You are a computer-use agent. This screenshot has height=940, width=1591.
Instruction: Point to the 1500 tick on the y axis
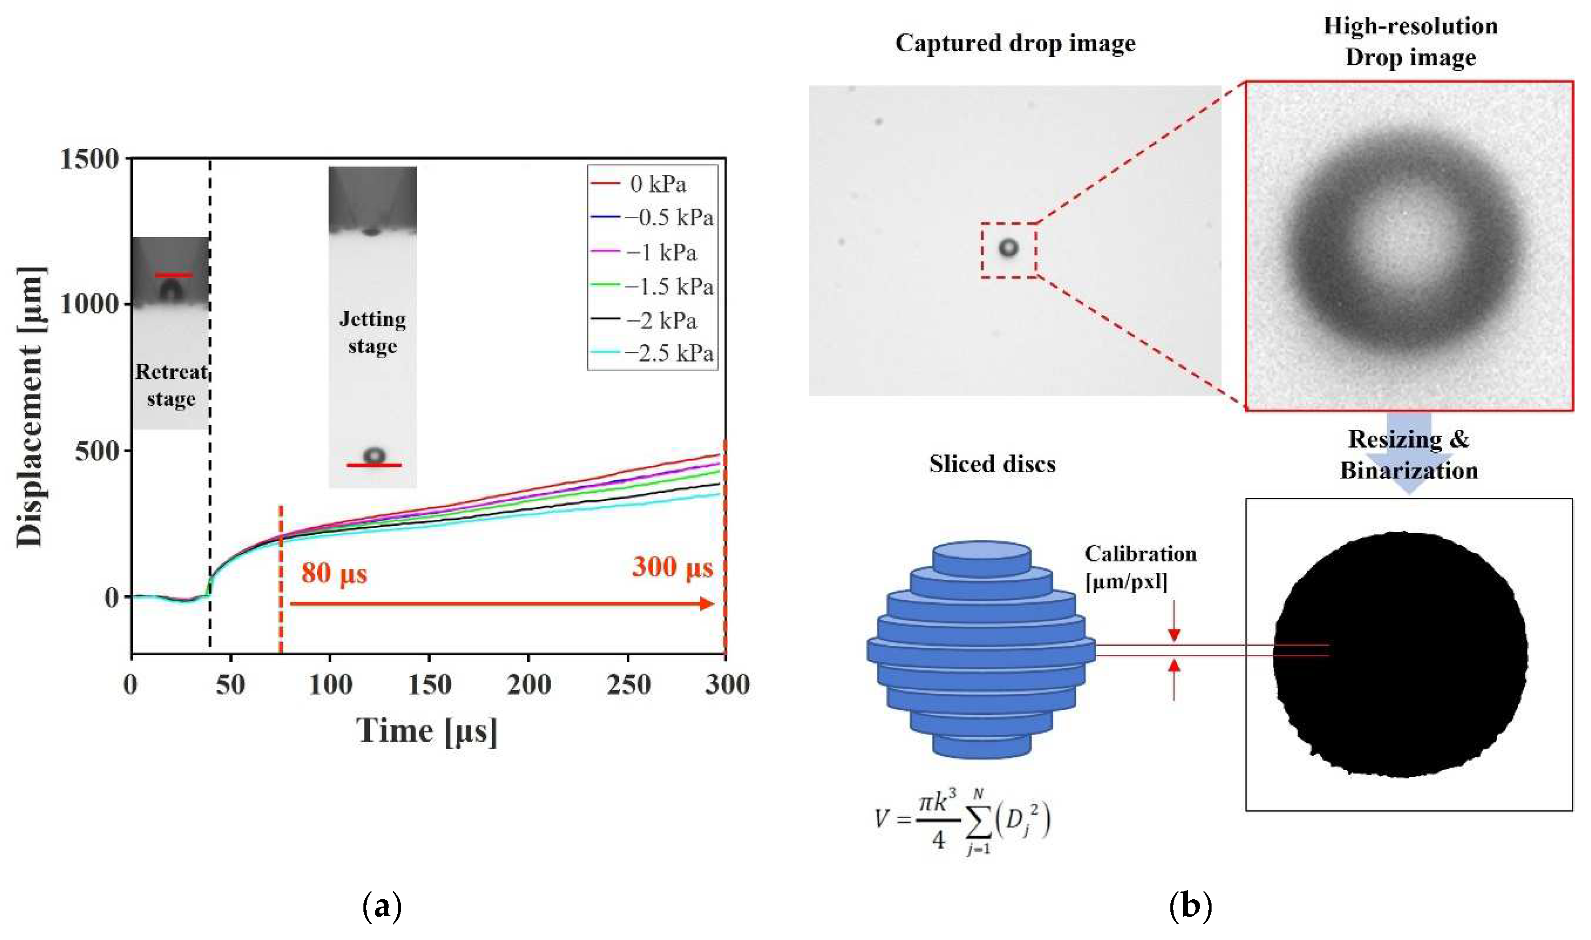click(x=89, y=158)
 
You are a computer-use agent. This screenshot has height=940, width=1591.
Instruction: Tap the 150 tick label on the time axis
click(x=429, y=685)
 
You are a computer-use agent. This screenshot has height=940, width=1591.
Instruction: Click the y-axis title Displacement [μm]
click(x=30, y=407)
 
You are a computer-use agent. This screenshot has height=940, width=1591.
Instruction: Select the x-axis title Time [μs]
click(x=426, y=731)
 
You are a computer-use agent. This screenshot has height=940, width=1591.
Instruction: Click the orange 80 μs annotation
click(x=334, y=573)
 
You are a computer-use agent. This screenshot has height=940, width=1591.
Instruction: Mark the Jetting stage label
click(x=373, y=332)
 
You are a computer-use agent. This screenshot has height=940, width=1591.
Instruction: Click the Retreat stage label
click(x=171, y=385)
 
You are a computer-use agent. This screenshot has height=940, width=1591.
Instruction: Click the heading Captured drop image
click(x=1015, y=43)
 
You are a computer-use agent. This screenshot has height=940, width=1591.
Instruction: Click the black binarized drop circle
click(x=1400, y=654)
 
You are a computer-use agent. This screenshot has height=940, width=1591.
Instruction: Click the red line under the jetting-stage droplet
click(x=373, y=465)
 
